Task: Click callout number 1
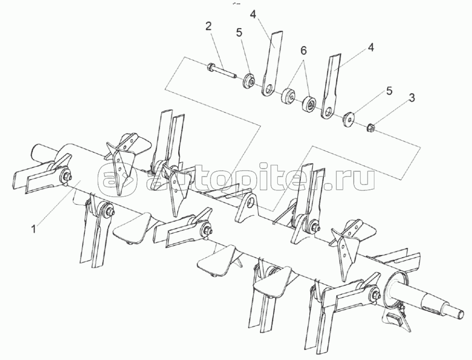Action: point(34,229)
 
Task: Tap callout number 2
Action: point(209,27)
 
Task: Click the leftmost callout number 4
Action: point(252,14)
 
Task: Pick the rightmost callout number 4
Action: point(371,47)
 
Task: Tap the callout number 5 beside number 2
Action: point(239,33)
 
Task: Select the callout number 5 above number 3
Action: point(389,91)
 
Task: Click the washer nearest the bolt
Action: point(248,82)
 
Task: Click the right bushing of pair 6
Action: point(309,103)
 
